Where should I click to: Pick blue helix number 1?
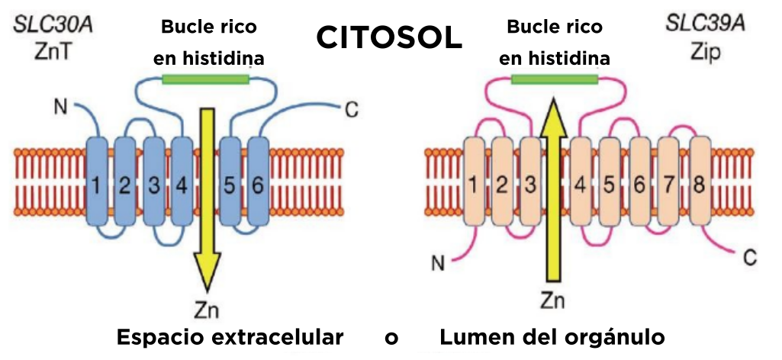(x=97, y=183)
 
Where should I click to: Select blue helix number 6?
(x=258, y=183)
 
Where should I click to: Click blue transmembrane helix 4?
(x=181, y=183)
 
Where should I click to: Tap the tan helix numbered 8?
(x=700, y=183)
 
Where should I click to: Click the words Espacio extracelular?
(x=230, y=337)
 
